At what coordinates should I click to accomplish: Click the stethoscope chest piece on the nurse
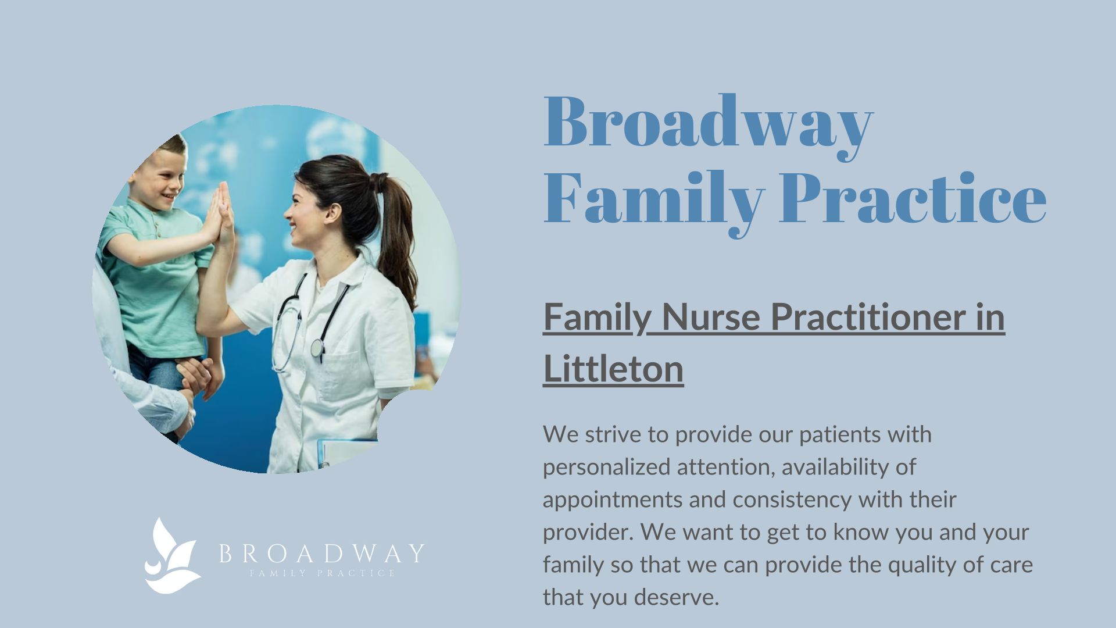point(317,348)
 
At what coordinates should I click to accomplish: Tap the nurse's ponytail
point(395,233)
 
